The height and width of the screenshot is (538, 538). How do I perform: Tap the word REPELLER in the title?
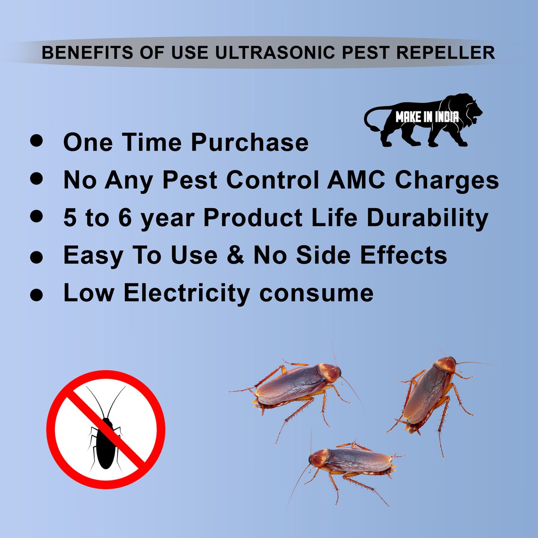pyautogui.click(x=445, y=53)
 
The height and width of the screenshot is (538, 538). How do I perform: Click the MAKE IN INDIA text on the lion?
pyautogui.click(x=427, y=117)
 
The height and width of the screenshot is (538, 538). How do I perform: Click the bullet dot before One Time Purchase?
pyautogui.click(x=36, y=140)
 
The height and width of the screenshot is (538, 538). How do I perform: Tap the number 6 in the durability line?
pyautogui.click(x=125, y=218)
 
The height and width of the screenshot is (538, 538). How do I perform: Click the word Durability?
pyautogui.click(x=427, y=218)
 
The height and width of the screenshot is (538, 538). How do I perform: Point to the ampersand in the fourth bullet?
pyautogui.click(x=235, y=255)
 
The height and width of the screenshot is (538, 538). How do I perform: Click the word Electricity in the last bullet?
pyautogui.click(x=187, y=293)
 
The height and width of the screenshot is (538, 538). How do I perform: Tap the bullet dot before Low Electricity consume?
pyautogui.click(x=36, y=295)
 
